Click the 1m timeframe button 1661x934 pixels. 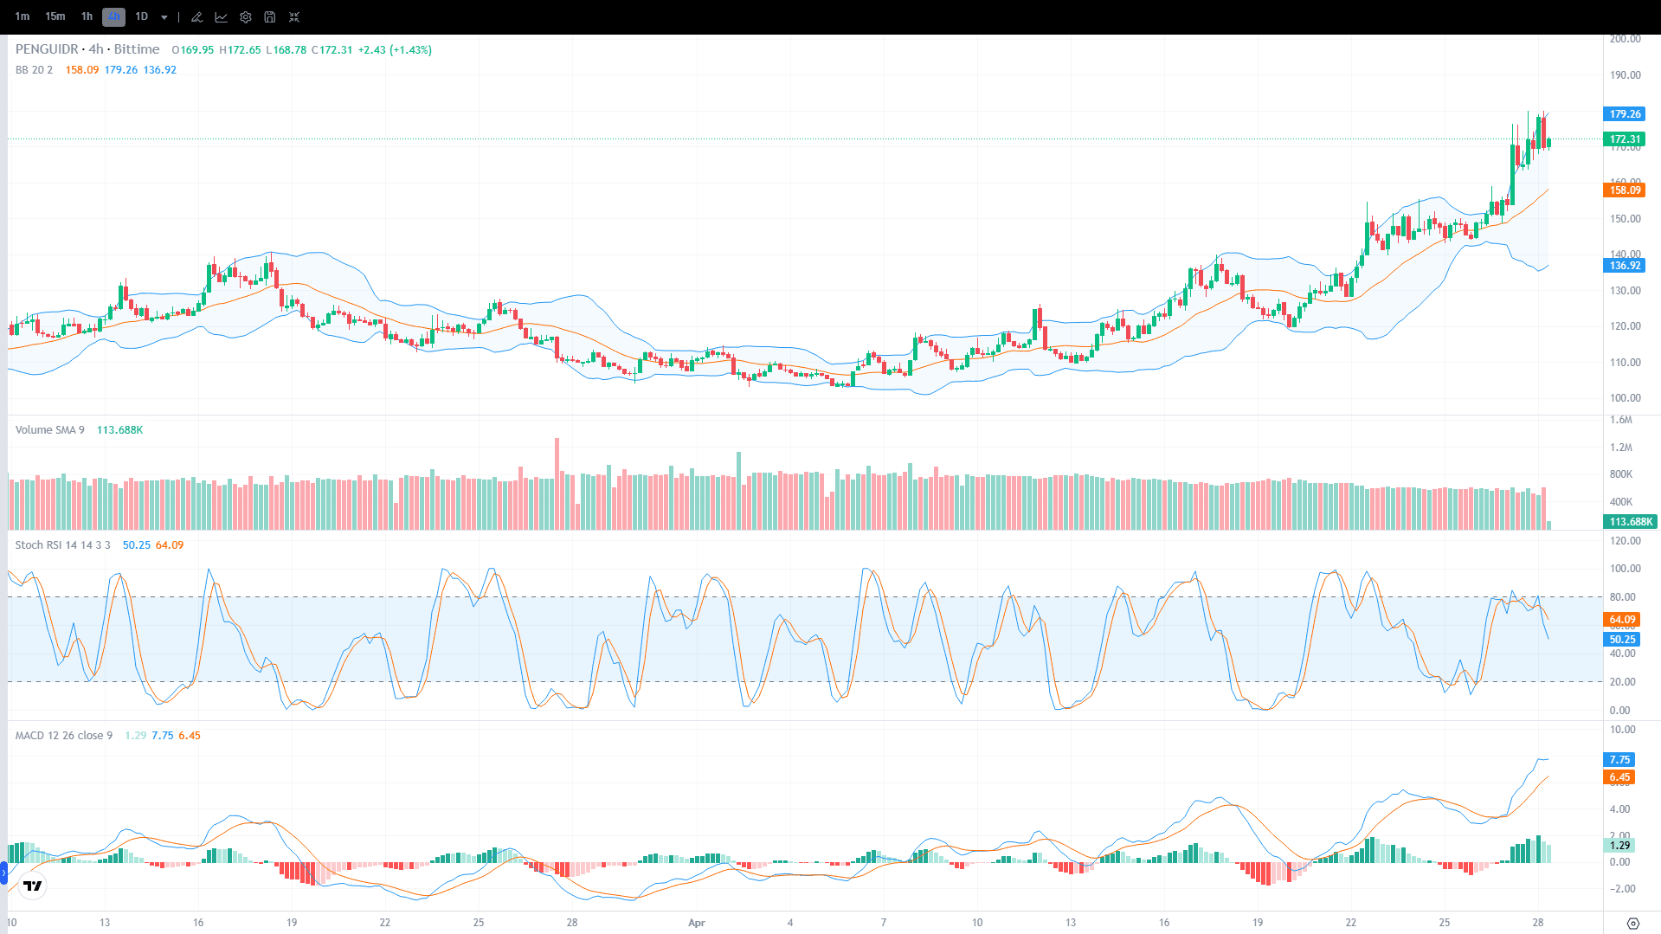point(23,16)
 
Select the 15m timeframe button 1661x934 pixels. point(55,16)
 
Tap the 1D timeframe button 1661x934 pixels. point(141,16)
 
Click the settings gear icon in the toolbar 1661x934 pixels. point(246,17)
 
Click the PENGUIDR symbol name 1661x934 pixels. point(47,49)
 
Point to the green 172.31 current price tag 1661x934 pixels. point(1625,138)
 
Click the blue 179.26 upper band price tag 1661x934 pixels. point(1625,113)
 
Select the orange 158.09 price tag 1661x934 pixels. point(1625,190)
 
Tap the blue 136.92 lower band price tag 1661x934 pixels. point(1625,265)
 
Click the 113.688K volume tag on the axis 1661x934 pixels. point(1631,521)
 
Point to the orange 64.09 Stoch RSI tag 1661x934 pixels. point(1622,619)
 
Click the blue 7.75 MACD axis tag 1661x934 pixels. point(1619,759)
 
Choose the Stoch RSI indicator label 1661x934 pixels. point(62,544)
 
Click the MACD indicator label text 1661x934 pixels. point(64,735)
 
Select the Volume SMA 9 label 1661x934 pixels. point(49,429)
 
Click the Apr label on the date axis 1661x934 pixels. point(697,922)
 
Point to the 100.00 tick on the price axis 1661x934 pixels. point(1625,398)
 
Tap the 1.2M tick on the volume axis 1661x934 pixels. point(1620,448)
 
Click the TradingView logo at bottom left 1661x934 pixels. point(33,886)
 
